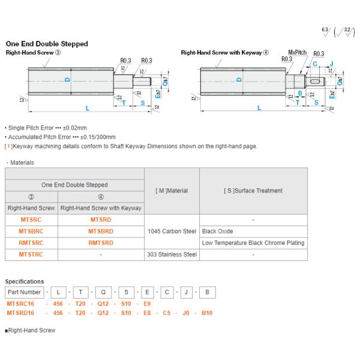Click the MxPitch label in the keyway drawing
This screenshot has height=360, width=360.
[x=298, y=53]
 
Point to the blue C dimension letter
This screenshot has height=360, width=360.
[x=315, y=63]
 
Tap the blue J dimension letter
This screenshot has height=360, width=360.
[x=331, y=63]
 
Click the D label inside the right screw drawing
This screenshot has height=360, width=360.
[x=239, y=80]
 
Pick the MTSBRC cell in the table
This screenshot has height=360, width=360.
[x=30, y=231]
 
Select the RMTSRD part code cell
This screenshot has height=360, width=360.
[x=100, y=242]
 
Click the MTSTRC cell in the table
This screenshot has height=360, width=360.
[x=30, y=254]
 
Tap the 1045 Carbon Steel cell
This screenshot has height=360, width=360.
[x=172, y=231]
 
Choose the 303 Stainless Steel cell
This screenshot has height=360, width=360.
[x=172, y=254]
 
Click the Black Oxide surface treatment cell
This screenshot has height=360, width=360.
[x=218, y=231]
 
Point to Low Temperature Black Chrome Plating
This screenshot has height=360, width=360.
[x=253, y=242]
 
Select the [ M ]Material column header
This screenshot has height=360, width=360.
[x=172, y=191]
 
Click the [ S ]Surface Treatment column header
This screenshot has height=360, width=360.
[x=253, y=191]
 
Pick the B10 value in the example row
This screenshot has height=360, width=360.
[x=207, y=312]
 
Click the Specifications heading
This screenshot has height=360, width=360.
[x=25, y=281]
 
